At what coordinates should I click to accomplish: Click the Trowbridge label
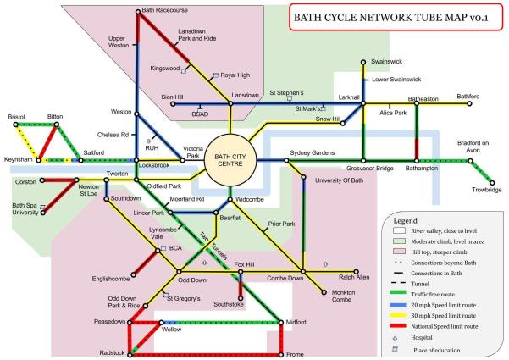(487, 190)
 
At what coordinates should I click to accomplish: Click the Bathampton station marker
(417, 160)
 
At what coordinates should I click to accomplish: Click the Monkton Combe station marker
(323, 293)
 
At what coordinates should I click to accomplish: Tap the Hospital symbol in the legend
(395, 338)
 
